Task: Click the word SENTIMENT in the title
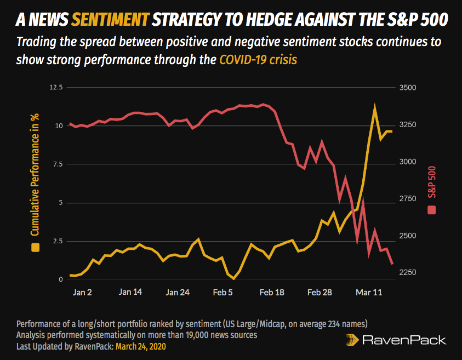(110, 20)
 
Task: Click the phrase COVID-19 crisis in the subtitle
(258, 59)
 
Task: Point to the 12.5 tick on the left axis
(56, 88)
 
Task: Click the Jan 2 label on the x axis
(82, 293)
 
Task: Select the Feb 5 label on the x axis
(223, 293)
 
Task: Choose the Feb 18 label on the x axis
(272, 293)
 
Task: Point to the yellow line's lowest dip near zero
(234, 279)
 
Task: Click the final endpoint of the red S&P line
(392, 264)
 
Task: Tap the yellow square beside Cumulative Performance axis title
(36, 247)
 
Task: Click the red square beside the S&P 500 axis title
(431, 210)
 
